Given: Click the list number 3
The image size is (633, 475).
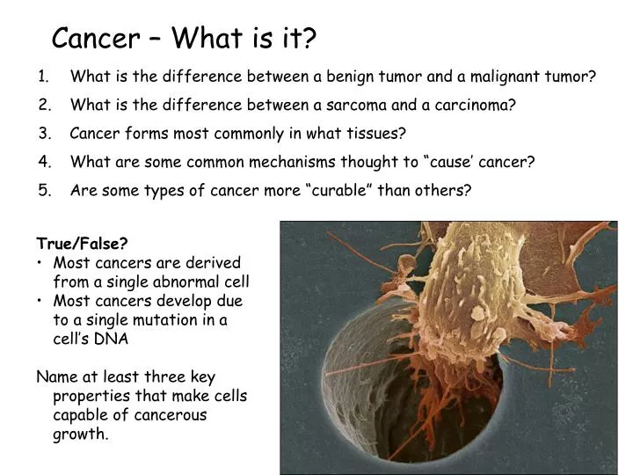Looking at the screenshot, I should [44, 134].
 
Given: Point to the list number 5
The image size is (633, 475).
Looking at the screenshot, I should [44, 191].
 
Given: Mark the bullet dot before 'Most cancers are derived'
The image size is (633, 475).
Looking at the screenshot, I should [40, 263].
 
